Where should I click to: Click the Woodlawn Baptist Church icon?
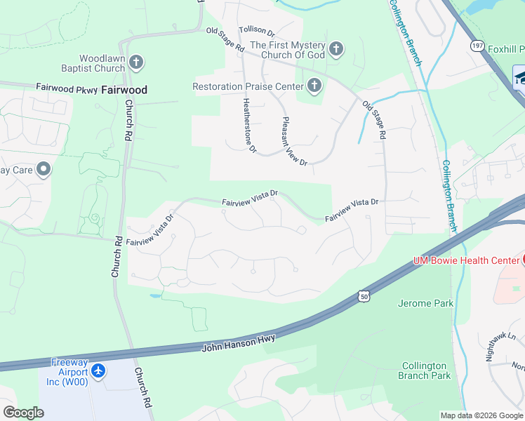(x=136, y=63)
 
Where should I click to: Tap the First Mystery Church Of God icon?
(x=336, y=49)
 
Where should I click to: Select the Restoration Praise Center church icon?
(x=314, y=87)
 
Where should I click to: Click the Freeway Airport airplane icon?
(x=98, y=368)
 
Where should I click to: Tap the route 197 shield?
(x=477, y=46)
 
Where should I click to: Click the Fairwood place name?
(x=124, y=90)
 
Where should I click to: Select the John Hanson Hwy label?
(x=239, y=343)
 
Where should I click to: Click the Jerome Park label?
(x=425, y=303)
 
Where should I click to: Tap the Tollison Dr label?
(x=257, y=32)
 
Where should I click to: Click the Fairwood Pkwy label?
(x=66, y=88)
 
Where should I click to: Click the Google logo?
(x=22, y=413)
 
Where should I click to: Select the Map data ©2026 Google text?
(x=481, y=415)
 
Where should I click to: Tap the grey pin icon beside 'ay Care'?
(x=44, y=169)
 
